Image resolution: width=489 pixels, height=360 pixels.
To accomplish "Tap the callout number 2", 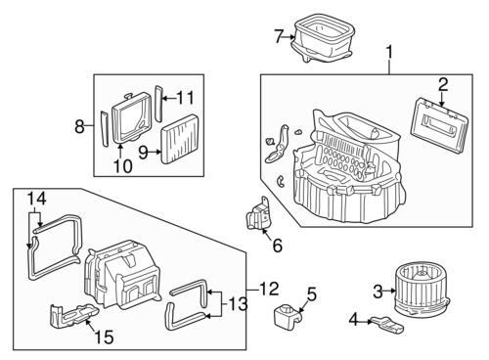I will pyautogui.click(x=442, y=84).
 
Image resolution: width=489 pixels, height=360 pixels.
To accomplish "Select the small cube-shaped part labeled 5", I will pyautogui.click(x=286, y=317).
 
